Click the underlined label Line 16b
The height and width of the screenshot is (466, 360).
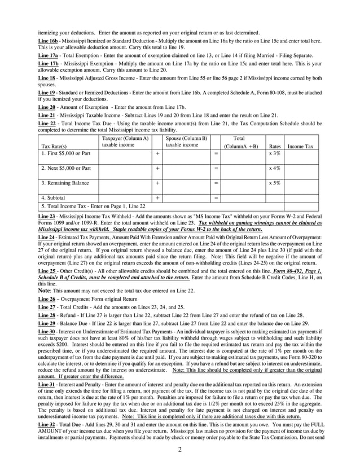(x=47, y=42)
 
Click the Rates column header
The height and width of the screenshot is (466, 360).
(x=275, y=146)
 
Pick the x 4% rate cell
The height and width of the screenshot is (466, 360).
(x=275, y=168)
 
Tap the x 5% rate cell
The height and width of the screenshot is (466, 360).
(x=275, y=183)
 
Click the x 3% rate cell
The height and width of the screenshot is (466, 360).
(x=275, y=153)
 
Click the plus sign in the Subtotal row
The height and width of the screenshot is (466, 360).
(x=157, y=198)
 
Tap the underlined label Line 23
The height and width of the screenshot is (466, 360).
(x=46, y=217)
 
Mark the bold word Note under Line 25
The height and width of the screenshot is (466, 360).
(x=44, y=290)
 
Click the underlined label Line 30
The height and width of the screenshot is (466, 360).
(x=46, y=332)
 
